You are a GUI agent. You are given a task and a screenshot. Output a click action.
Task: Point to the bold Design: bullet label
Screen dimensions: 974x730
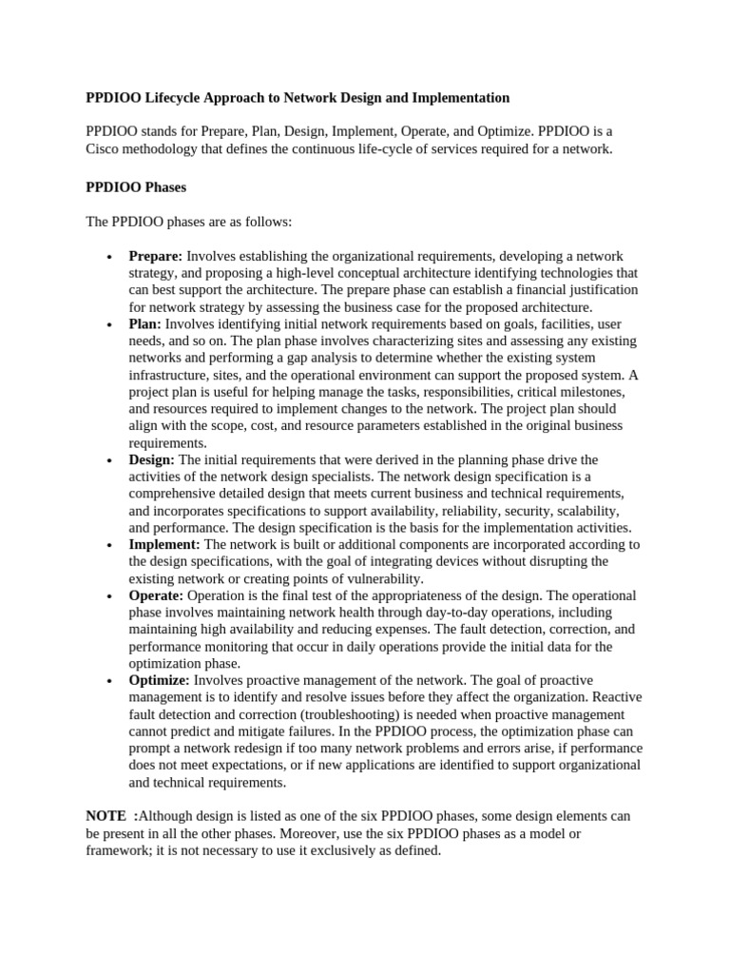[x=152, y=459]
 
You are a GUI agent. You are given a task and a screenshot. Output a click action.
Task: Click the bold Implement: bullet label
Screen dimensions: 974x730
[x=164, y=544]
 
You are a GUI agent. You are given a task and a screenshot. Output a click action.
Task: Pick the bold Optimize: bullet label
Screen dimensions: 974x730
[x=160, y=680]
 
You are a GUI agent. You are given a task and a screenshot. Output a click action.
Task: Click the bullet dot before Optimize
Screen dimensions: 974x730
[x=110, y=681]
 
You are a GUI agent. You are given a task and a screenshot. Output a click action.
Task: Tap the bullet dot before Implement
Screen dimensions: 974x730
[x=110, y=545]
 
